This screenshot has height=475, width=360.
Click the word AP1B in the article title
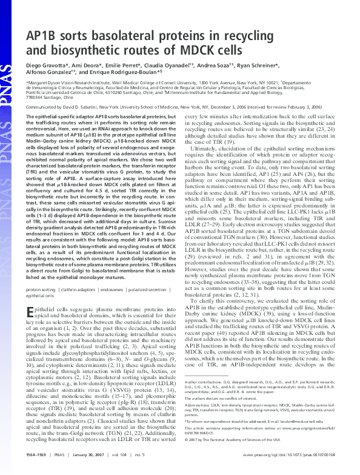(x=47, y=35)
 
